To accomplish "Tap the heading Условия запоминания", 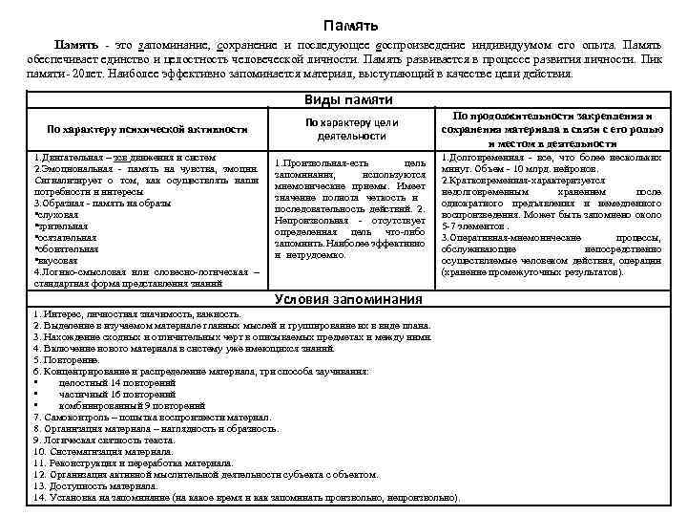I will [347, 299].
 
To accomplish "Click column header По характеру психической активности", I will [147, 129].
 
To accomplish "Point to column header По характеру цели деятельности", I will [351, 129].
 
